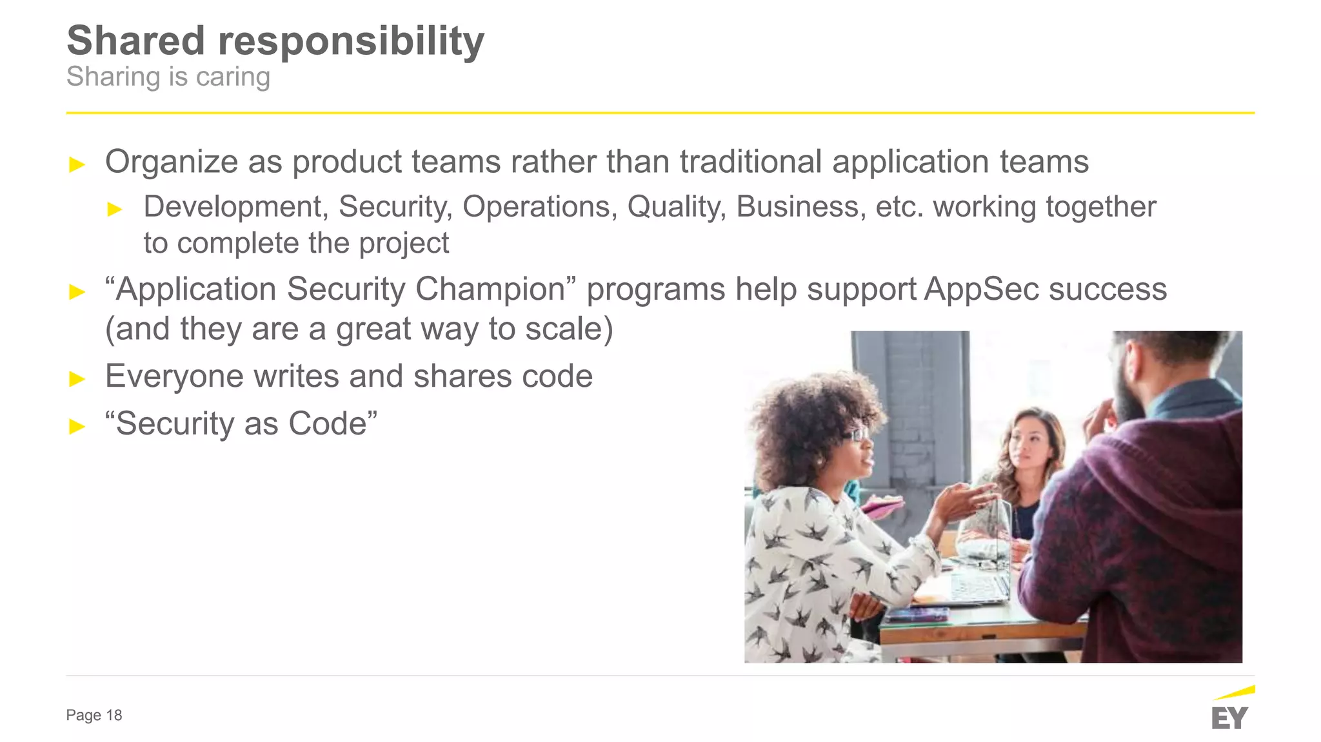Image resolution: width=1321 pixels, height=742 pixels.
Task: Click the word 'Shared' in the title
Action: coord(135,41)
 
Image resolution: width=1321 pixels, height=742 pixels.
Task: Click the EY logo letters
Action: coord(1229,718)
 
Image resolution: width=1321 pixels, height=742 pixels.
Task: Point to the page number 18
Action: coord(114,715)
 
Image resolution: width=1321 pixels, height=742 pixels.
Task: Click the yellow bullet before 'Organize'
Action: coord(77,164)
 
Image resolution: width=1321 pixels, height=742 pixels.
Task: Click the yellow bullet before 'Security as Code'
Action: coord(77,426)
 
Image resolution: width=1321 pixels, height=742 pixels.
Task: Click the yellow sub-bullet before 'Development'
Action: coord(115,209)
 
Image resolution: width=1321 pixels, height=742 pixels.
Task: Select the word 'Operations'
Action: coord(539,207)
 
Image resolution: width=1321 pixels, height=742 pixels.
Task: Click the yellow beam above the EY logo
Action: coord(1235,693)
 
